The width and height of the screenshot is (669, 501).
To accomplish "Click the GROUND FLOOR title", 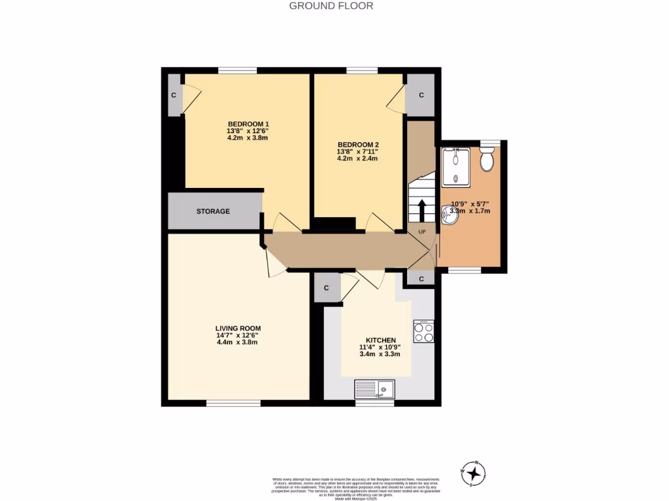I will pyautogui.click(x=331, y=6).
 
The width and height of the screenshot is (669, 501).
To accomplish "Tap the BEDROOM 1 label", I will pyautogui.click(x=248, y=124).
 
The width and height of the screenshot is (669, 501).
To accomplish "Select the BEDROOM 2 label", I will pyautogui.click(x=358, y=144).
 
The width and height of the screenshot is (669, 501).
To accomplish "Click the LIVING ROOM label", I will pyautogui.click(x=238, y=328).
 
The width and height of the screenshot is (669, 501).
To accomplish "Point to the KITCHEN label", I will pyautogui.click(x=381, y=341).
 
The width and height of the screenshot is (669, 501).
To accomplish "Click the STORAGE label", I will pyautogui.click(x=213, y=211).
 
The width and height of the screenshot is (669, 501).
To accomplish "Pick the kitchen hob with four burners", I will pyautogui.click(x=423, y=331).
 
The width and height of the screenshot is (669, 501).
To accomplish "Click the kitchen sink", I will pyautogui.click(x=374, y=390).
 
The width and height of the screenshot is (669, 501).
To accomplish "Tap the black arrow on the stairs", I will pyautogui.click(x=421, y=211).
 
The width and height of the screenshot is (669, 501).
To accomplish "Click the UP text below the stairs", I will pyautogui.click(x=421, y=232).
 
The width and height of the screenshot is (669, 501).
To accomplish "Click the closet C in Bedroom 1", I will pyautogui.click(x=174, y=95).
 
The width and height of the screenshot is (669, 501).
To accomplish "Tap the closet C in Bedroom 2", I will pyautogui.click(x=421, y=95).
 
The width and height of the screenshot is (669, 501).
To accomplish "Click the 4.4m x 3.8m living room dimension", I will pyautogui.click(x=238, y=342).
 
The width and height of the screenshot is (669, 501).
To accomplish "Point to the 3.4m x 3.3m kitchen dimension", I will pyautogui.click(x=380, y=354).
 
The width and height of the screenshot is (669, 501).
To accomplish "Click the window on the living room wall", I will pyautogui.click(x=233, y=403).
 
